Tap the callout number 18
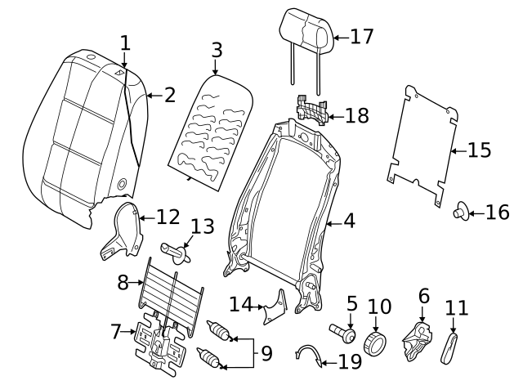click(x=357, y=116)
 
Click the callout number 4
click(x=349, y=221)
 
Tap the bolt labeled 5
click(x=343, y=334)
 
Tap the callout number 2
click(x=168, y=96)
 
